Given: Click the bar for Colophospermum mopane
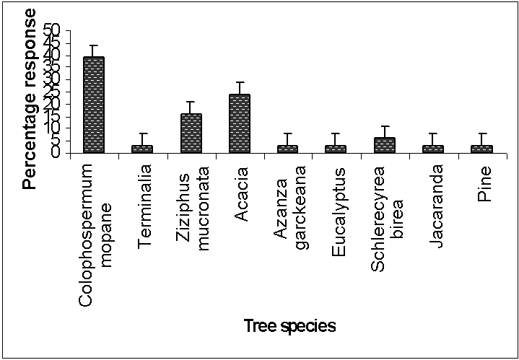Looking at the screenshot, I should tap(94, 105).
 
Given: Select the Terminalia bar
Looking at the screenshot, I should tap(142, 149).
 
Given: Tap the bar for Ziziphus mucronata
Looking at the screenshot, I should tap(191, 133).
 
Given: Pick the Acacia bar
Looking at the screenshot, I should tap(239, 123).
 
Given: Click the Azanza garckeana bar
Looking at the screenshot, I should tap(287, 149).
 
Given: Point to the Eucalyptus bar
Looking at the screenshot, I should tap(336, 149).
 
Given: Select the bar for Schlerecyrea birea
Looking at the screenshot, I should tap(385, 145).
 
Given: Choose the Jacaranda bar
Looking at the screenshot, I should tap(433, 149).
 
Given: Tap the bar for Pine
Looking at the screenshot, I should tap(481, 149).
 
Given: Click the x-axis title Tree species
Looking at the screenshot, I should tap(289, 326).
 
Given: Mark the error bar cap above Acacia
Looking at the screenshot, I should tap(240, 82).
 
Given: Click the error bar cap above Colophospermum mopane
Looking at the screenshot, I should tap(94, 45).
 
